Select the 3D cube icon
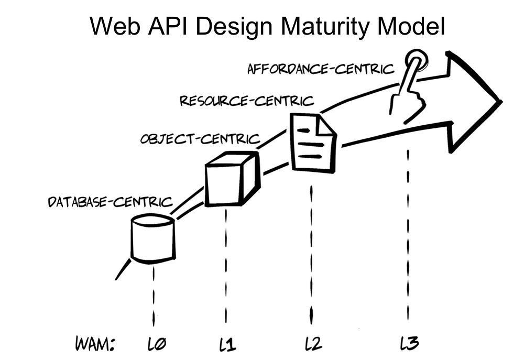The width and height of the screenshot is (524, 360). tap(232, 180)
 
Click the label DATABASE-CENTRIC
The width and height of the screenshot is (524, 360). tap(110, 202)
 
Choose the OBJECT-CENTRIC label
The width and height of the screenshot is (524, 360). tap(200, 139)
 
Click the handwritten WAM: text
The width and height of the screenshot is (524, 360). tap(95, 344)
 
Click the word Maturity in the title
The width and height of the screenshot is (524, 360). tap(326, 27)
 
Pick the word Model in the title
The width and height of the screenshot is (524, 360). tap(413, 26)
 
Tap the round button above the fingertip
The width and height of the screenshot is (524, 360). tap(418, 58)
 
